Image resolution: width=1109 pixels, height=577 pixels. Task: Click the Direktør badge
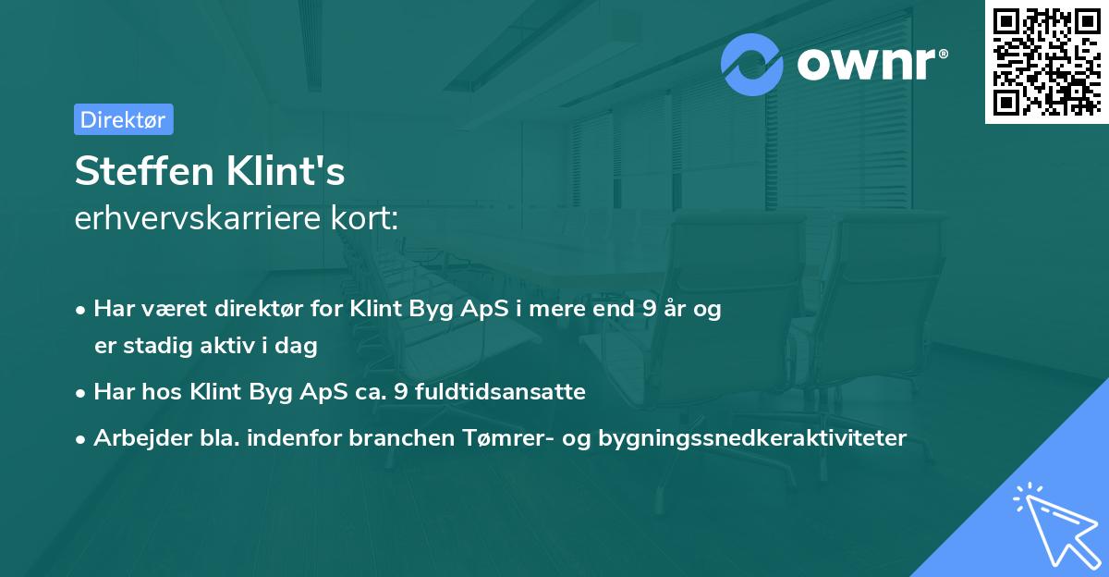[x=123, y=119]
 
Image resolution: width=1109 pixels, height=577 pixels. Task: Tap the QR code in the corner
[x=1046, y=62]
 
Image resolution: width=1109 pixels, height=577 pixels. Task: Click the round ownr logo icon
[x=752, y=65]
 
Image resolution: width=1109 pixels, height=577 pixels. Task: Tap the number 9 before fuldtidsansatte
[x=400, y=392]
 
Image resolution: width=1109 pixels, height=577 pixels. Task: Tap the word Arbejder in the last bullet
[x=134, y=437]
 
